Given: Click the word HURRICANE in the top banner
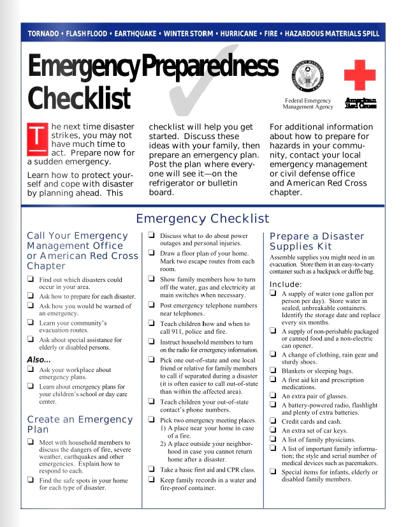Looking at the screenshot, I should (x=239, y=33).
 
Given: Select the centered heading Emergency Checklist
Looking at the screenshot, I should (x=203, y=219).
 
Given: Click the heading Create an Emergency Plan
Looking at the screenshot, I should (x=80, y=424).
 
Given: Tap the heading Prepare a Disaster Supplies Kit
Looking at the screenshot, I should (x=317, y=241).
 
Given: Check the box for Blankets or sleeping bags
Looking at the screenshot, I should (x=273, y=370).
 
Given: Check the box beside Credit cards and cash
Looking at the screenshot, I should (x=273, y=421).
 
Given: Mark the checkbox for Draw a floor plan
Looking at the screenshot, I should (x=152, y=253).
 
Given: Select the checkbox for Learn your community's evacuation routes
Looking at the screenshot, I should (x=31, y=323).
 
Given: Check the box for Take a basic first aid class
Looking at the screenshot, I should (x=152, y=469).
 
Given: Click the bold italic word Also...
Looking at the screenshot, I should (x=38, y=360).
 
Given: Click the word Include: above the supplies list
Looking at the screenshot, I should (x=286, y=284).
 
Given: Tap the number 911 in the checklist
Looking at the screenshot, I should (x=176, y=332).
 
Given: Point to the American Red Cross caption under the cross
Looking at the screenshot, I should (x=360, y=103).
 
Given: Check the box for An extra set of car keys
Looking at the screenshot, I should (x=273, y=431).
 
